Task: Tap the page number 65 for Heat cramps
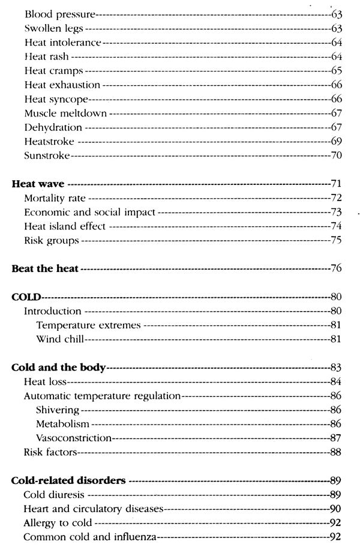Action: (336, 71)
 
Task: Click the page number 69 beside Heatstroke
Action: (336, 141)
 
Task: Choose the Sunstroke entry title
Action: (47, 156)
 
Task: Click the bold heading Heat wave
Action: (38, 183)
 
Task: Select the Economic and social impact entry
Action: (89, 211)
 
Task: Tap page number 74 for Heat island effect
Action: (336, 226)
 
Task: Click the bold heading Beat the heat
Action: (46, 268)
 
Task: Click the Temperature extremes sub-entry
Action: (88, 325)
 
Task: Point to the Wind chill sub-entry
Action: (59, 339)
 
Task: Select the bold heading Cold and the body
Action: (58, 367)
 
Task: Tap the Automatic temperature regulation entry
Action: (102, 396)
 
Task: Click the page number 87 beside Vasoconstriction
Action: (336, 438)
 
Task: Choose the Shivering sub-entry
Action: (58, 410)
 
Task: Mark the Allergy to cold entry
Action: (58, 523)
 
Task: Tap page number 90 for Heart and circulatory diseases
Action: (336, 509)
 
